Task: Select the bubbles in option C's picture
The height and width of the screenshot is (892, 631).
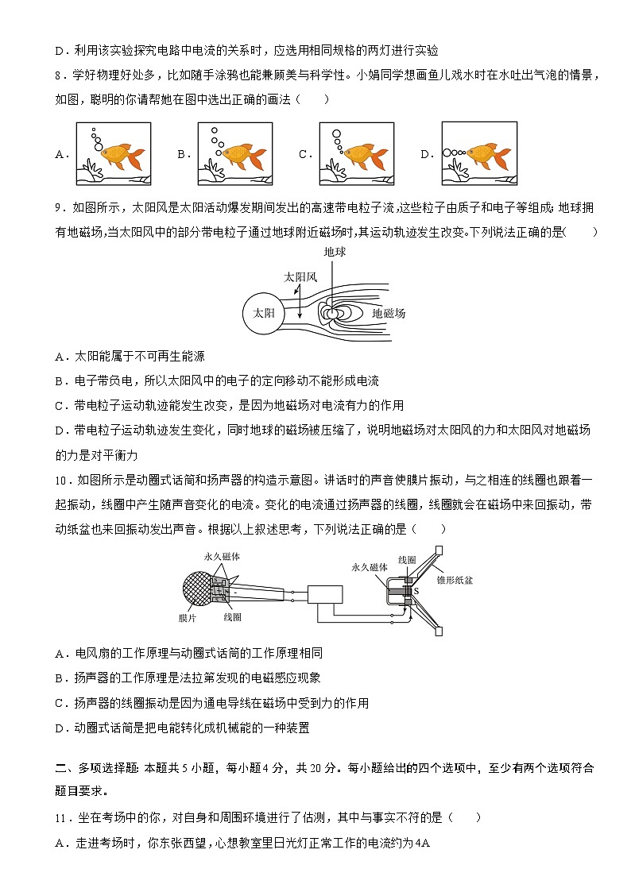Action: click(337, 141)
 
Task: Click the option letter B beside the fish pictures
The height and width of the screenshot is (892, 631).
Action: click(181, 155)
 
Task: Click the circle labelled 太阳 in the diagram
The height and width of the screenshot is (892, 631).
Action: click(264, 313)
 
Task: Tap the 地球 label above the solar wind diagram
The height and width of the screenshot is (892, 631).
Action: click(335, 252)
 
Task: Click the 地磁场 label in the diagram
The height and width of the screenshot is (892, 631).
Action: click(389, 314)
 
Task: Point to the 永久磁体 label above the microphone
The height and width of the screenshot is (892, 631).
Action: click(219, 557)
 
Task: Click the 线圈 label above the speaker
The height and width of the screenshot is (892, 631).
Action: click(407, 559)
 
